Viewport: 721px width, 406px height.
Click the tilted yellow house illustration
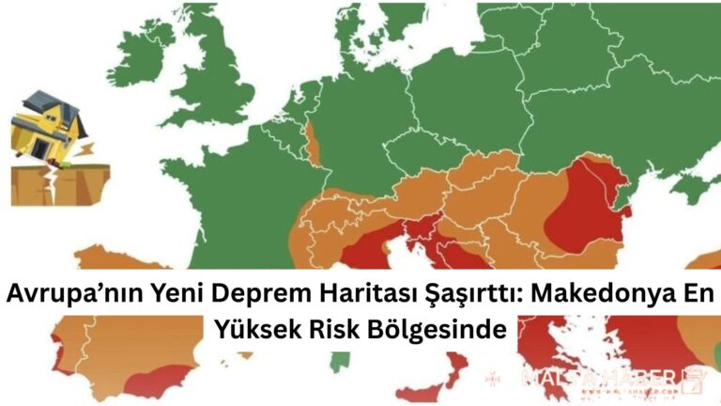47,127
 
